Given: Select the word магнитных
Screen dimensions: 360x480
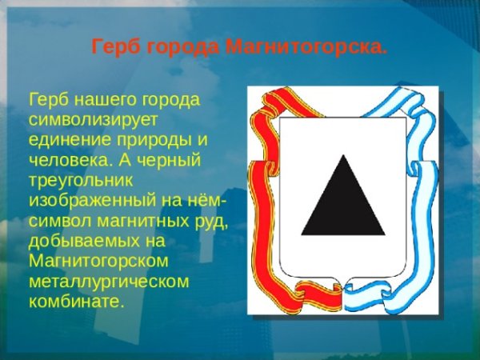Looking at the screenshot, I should coord(137,221).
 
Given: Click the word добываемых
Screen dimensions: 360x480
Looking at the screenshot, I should coord(78,241).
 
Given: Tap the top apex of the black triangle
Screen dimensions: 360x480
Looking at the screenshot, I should coord(344,157).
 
